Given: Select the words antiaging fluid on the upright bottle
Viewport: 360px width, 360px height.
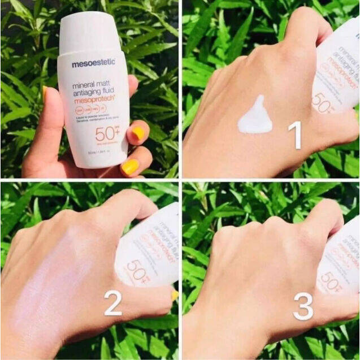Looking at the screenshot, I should (93, 89).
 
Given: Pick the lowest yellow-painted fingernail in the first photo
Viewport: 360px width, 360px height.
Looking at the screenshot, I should (131, 166).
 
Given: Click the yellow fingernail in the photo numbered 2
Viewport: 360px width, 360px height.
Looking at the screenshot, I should (175, 295).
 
